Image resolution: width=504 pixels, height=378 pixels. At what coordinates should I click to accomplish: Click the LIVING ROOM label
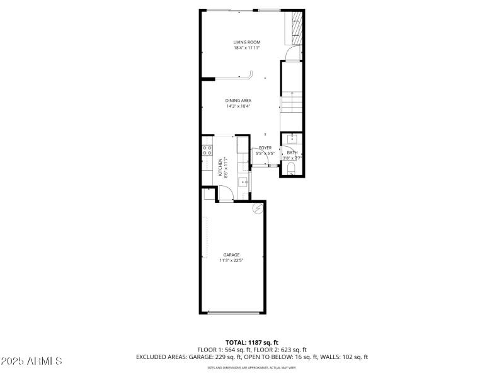click(x=247, y=42)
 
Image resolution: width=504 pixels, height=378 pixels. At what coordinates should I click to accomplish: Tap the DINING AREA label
click(x=239, y=100)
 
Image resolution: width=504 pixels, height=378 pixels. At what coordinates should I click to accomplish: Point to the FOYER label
click(x=265, y=147)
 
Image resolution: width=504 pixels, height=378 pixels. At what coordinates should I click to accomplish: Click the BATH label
click(x=292, y=152)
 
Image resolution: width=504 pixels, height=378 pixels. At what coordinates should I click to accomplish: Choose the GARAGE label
click(x=231, y=255)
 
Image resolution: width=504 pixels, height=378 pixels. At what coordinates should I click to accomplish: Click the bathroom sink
click(x=292, y=138)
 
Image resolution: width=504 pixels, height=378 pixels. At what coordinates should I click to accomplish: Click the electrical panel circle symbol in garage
click(x=257, y=208)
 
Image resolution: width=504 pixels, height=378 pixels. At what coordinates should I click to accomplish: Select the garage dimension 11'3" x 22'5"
click(x=231, y=260)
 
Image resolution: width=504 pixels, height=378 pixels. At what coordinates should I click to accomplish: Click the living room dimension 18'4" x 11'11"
click(x=247, y=48)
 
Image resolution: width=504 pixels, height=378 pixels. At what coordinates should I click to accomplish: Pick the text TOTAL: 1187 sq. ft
click(x=251, y=343)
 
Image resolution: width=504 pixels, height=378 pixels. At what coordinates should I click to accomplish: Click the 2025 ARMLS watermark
click(x=31, y=361)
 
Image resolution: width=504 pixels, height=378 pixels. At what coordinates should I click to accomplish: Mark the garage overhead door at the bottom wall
click(x=232, y=312)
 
